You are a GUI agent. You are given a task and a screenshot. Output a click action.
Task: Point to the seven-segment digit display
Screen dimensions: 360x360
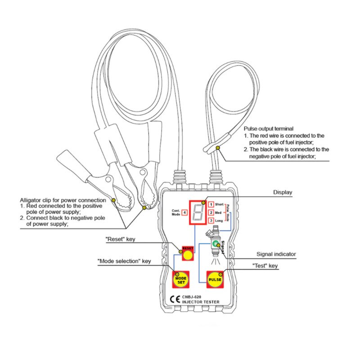click(x=198, y=211)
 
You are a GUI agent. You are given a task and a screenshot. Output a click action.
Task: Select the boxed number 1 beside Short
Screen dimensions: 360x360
click(x=211, y=205)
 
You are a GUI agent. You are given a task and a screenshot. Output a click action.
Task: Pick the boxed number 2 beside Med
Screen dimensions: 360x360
click(x=211, y=212)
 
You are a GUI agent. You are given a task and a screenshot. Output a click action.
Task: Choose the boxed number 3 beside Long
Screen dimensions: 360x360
click(x=211, y=220)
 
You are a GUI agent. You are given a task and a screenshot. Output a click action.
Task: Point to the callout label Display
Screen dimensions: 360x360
click(x=283, y=193)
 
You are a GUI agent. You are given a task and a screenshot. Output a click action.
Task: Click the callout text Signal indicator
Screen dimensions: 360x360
click(x=276, y=254)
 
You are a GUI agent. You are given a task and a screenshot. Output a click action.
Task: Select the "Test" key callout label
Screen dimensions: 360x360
click(x=265, y=266)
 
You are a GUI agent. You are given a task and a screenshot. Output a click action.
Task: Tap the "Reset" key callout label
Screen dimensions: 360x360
click(x=120, y=239)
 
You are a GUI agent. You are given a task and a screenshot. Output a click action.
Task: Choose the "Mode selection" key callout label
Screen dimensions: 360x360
click(x=124, y=261)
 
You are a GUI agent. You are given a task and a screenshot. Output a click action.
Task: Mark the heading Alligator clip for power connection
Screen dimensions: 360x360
click(x=63, y=200)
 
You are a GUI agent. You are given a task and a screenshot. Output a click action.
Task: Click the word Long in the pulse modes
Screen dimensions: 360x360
click(x=219, y=220)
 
